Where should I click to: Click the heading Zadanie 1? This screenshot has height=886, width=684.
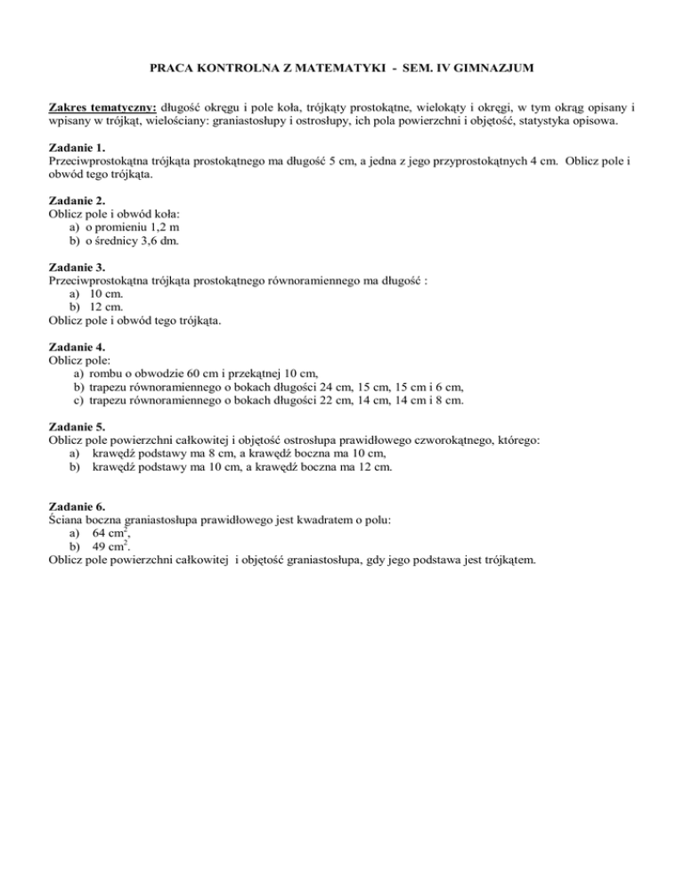coord(77,146)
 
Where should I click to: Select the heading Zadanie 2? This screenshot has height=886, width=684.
coord(77,201)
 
